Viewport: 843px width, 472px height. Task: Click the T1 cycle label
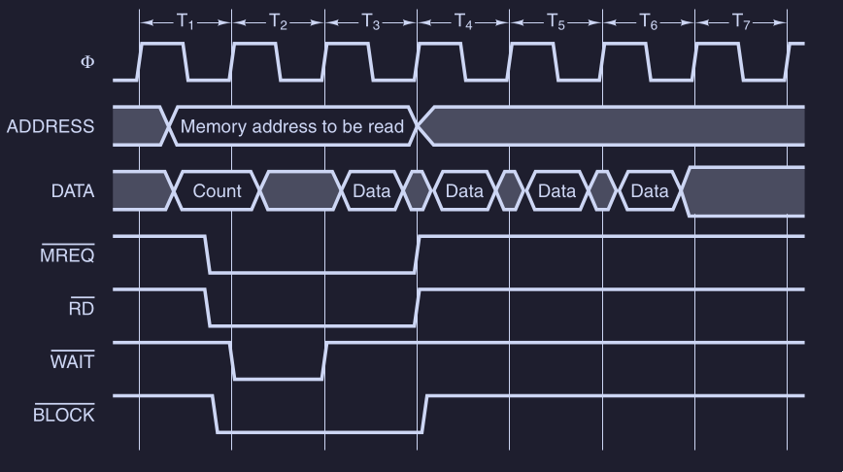click(x=185, y=20)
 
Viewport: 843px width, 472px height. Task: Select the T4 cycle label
click(x=463, y=20)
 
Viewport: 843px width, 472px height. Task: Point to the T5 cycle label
click(x=556, y=20)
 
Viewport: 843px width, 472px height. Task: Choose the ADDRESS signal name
click(x=51, y=126)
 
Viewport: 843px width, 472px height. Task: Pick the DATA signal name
click(x=73, y=191)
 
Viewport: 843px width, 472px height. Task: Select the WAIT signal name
click(x=72, y=362)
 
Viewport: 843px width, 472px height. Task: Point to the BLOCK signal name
click(x=64, y=416)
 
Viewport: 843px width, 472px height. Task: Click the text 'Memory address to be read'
click(x=291, y=126)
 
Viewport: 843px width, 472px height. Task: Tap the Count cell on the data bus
click(x=217, y=191)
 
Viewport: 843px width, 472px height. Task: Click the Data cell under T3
click(x=371, y=191)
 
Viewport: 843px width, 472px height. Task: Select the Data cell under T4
click(x=464, y=191)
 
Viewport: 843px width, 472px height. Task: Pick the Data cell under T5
click(x=556, y=191)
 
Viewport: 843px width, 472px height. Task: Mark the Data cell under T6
click(x=650, y=191)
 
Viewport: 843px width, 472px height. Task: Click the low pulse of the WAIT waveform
click(x=278, y=377)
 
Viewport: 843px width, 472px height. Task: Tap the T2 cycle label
click(x=278, y=20)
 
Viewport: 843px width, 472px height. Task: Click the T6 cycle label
click(x=648, y=20)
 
